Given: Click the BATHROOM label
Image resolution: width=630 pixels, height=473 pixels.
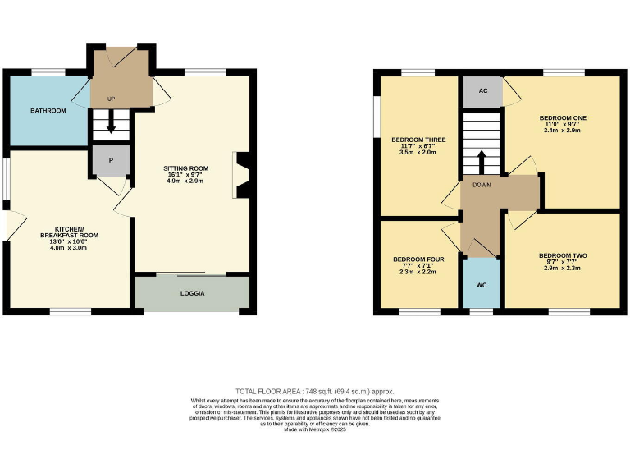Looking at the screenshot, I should [48, 110].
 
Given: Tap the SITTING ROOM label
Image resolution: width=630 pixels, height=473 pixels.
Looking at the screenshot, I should [185, 168].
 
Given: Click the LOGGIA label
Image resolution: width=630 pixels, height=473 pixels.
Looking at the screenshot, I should [192, 293].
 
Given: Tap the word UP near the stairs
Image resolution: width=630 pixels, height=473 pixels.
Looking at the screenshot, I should [112, 99].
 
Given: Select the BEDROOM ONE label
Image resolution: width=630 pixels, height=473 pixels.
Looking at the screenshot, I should [562, 117].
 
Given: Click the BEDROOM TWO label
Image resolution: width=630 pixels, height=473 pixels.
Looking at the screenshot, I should [562, 255].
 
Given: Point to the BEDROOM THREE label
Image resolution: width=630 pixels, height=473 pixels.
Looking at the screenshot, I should [418, 139].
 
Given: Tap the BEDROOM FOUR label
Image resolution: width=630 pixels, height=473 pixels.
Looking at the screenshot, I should [418, 259].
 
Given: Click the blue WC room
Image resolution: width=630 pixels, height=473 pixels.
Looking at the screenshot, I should [482, 283].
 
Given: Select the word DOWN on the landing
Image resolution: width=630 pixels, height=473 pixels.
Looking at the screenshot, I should [482, 185].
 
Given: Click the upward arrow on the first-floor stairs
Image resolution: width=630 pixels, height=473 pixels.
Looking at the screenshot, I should [482, 158].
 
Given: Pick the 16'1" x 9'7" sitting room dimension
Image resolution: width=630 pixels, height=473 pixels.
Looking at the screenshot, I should [185, 175].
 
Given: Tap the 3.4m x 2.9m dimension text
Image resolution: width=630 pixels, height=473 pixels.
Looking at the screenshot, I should [562, 131].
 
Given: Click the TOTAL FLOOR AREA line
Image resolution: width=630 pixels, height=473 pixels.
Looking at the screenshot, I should [315, 391].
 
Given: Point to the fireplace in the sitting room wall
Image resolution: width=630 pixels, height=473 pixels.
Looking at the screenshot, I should [240, 174].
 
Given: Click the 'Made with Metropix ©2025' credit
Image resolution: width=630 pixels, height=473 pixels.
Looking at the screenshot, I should [315, 429].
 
